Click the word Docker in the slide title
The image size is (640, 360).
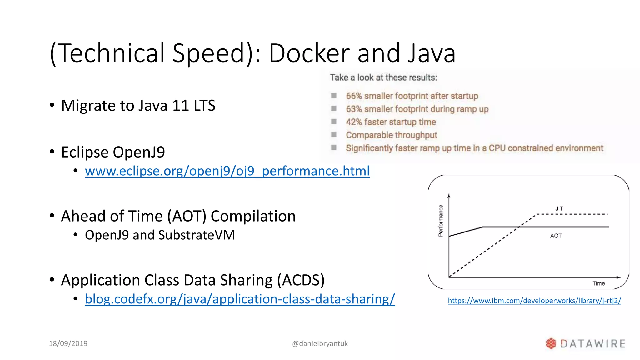[x=309, y=53]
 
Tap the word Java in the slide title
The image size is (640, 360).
[x=432, y=53]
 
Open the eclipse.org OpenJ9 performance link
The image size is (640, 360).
[x=227, y=171]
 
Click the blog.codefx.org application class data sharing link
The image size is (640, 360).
[x=240, y=299]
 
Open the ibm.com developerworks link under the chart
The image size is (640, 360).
[x=534, y=301]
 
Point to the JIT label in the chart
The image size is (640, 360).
[x=559, y=209]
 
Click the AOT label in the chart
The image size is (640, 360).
[x=556, y=236]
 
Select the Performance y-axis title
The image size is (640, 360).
[x=441, y=221]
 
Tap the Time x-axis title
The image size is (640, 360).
[x=598, y=283]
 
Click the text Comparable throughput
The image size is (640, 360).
[x=391, y=135]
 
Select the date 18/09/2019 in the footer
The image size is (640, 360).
[x=68, y=343]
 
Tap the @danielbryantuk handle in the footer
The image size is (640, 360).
[x=320, y=343]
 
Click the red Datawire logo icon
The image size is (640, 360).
[x=551, y=343]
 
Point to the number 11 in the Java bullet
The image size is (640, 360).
[x=181, y=105]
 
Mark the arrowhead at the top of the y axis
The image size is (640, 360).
[x=449, y=196]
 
